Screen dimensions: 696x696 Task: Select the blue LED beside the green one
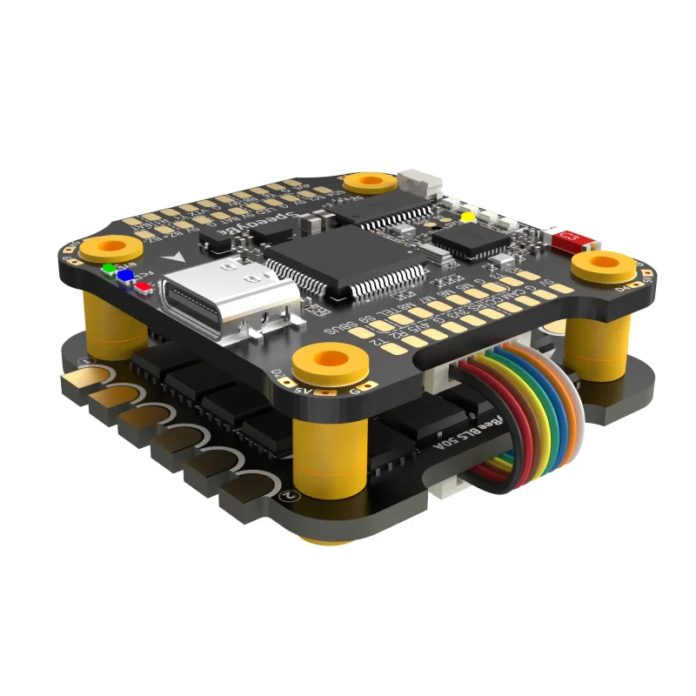point(126,276)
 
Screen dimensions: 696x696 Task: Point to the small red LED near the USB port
point(142,285)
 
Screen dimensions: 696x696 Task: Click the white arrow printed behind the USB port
point(179,258)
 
